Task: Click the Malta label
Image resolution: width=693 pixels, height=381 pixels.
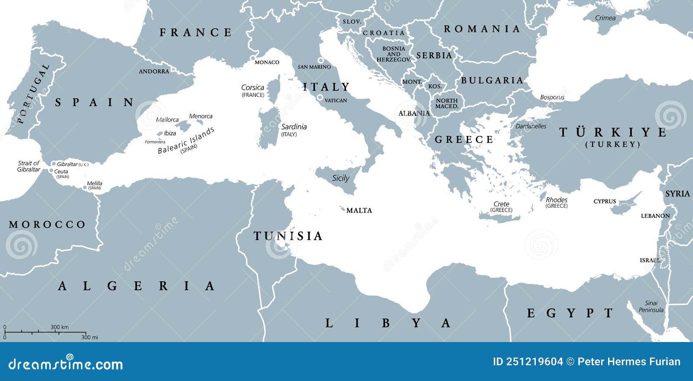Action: (359, 210)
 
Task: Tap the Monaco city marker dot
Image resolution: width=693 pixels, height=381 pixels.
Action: (253, 58)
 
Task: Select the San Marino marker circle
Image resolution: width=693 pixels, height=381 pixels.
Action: (321, 60)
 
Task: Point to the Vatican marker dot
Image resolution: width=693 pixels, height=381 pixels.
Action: (320, 98)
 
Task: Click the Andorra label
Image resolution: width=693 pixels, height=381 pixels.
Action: (154, 71)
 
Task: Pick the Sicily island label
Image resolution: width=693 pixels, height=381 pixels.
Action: (340, 178)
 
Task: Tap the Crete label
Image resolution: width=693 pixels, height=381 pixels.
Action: (501, 204)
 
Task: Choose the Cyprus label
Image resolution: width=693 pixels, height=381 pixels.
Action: (605, 201)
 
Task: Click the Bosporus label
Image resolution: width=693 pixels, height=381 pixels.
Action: (552, 97)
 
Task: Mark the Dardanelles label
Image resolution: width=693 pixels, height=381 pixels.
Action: (531, 126)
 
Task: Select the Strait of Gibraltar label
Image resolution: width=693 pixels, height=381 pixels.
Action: (29, 166)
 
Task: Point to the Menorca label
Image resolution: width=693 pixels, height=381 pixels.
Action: (201, 116)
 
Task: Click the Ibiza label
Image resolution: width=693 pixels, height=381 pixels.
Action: (170, 133)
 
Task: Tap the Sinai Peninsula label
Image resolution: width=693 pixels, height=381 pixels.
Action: (651, 307)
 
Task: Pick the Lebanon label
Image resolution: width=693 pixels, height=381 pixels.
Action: (655, 216)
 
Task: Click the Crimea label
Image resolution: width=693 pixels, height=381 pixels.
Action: (605, 18)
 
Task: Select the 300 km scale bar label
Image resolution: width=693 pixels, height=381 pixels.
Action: (59, 327)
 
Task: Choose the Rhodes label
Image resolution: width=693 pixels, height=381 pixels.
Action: (557, 200)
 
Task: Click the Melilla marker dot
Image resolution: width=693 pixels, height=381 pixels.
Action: (84, 188)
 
